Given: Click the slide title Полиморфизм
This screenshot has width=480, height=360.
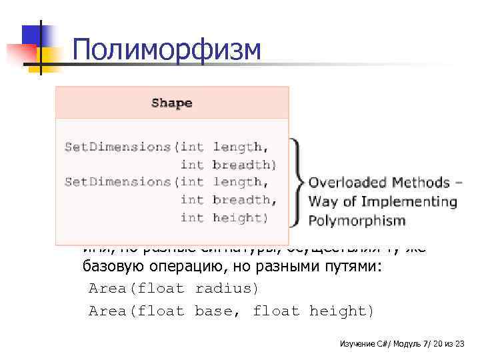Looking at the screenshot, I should pyautogui.click(x=167, y=50).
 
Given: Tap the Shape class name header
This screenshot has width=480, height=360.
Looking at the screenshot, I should pyautogui.click(x=171, y=103).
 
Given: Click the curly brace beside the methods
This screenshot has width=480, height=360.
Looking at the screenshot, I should pyautogui.click(x=297, y=181).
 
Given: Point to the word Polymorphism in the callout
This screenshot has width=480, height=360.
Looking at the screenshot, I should pyautogui.click(x=357, y=220).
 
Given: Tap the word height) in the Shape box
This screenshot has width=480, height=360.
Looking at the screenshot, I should pyautogui.click(x=241, y=217).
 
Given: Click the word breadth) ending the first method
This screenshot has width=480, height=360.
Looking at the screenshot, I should pyautogui.click(x=244, y=164).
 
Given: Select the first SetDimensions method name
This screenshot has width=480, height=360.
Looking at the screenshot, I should pyautogui.click(x=117, y=146).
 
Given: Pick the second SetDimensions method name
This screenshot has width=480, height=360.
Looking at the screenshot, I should pyautogui.click(x=117, y=181).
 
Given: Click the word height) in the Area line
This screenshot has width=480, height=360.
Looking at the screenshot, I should pyautogui.click(x=342, y=311).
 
